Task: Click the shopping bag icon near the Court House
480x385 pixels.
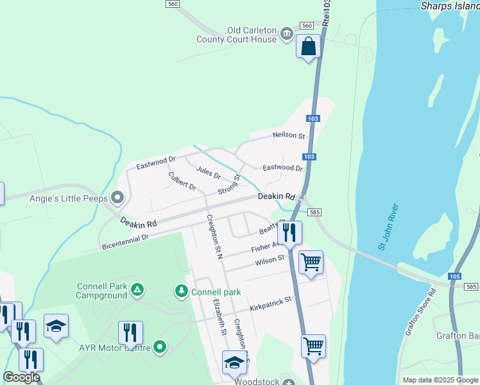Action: (309, 46)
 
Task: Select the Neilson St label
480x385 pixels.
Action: (288, 135)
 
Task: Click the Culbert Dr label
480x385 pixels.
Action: (182, 180)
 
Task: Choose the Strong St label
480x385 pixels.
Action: (228, 186)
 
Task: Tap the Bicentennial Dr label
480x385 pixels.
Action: (125, 242)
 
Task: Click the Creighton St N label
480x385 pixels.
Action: (214, 235)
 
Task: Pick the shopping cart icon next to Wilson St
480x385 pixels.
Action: (311, 262)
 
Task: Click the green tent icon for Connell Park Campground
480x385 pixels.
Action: (136, 291)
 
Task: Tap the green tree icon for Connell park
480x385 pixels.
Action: (182, 292)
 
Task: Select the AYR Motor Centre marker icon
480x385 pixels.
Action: (160, 348)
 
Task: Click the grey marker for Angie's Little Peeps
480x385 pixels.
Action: (117, 197)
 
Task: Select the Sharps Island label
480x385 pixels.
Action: (450, 6)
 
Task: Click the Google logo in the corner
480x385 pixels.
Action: (21, 377)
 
